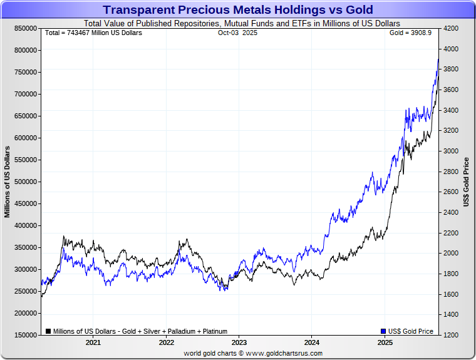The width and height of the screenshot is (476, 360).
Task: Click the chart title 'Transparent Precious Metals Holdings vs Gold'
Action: click(x=238, y=10)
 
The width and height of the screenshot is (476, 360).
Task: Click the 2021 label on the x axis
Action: click(x=93, y=342)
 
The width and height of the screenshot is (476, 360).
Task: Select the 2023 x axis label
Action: click(x=239, y=342)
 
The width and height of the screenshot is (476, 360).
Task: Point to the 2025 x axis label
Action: click(x=385, y=342)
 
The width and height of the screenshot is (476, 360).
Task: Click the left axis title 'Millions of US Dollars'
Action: click(x=8, y=182)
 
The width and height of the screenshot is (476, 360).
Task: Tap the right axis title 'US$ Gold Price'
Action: click(x=466, y=182)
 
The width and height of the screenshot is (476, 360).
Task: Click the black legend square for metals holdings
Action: click(x=48, y=331)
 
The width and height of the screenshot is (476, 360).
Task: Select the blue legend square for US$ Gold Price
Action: click(x=383, y=331)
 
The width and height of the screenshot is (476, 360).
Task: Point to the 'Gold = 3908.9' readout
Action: click(x=410, y=33)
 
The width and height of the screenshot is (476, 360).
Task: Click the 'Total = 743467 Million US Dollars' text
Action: click(x=93, y=33)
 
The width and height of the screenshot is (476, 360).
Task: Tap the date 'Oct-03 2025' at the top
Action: click(x=237, y=33)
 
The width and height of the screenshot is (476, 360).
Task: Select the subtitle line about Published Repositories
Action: click(x=238, y=23)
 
